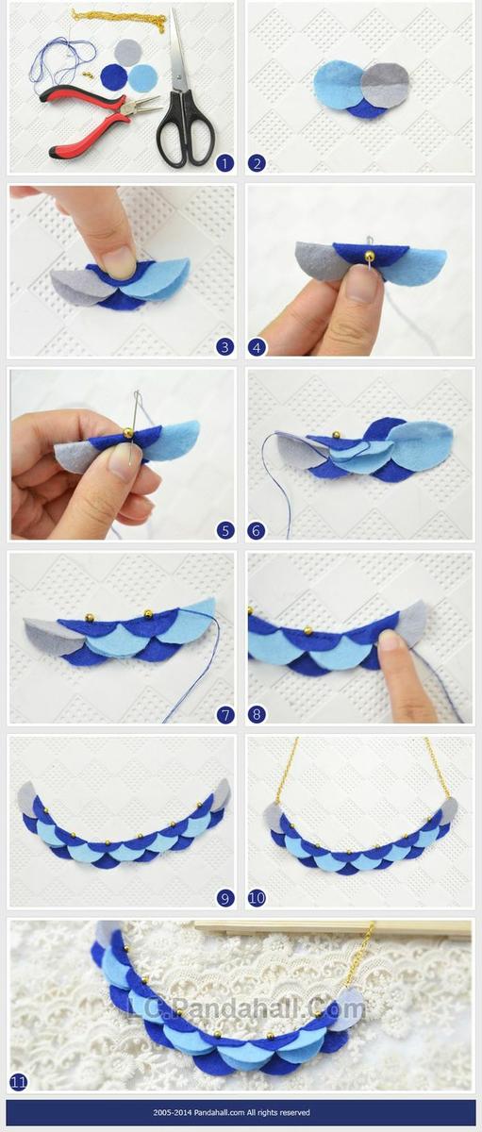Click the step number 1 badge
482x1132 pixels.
(224, 163)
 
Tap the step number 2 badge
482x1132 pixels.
(257, 163)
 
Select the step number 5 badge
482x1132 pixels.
(224, 530)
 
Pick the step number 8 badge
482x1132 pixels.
(257, 714)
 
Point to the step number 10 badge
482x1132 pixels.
(257, 897)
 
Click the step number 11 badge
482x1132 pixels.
(19, 1082)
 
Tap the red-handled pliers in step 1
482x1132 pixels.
(96, 118)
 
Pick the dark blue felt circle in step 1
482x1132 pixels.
(115, 76)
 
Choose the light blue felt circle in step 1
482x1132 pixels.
(143, 78)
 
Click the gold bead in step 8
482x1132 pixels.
(307, 630)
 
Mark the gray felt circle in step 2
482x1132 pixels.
(387, 86)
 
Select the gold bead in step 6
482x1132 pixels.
(334, 434)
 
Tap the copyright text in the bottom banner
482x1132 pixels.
(231, 1112)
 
